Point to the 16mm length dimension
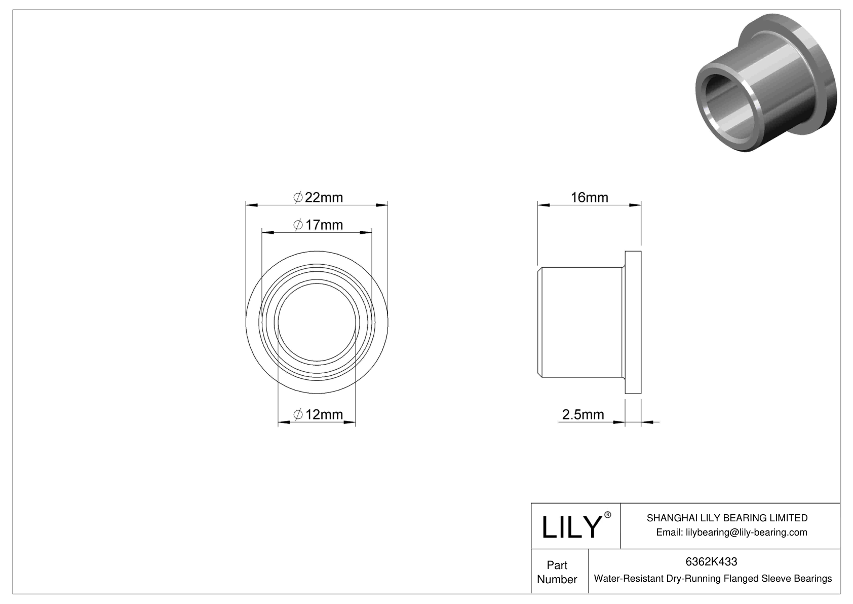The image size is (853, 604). point(589,197)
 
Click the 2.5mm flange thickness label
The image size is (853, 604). point(583,415)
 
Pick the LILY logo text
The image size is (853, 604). point(570,527)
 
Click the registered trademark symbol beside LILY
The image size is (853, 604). point(608,515)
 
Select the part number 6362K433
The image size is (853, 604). point(711,561)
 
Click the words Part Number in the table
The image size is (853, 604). point(557,572)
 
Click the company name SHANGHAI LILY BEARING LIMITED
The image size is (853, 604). point(727,518)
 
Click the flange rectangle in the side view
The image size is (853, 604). point(633,322)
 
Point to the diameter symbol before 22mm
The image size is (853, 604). point(298,197)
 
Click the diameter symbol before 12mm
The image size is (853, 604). point(298,415)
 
